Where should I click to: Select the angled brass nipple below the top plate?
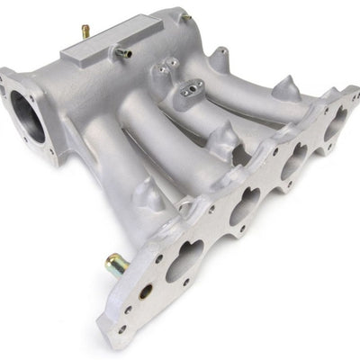123,53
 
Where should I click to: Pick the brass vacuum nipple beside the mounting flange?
114,263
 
